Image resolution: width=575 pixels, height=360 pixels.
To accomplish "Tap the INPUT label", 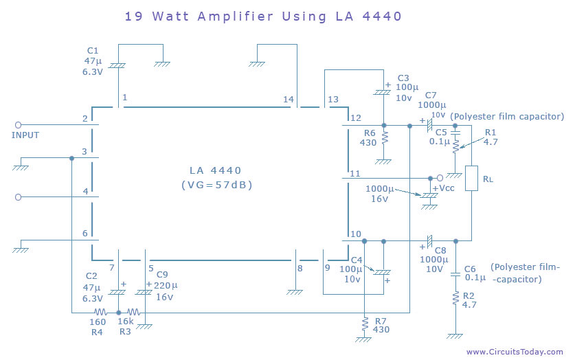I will click(x=25, y=135).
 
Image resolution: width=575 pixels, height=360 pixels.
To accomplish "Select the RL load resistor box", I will click(x=471, y=178).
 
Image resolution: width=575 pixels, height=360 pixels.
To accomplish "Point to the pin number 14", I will click(x=289, y=99).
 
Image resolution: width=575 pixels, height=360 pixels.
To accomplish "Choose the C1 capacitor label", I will click(x=93, y=50).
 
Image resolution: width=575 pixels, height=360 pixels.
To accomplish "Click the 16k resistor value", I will click(x=126, y=321).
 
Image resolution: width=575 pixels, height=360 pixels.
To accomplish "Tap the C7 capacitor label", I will click(x=431, y=95).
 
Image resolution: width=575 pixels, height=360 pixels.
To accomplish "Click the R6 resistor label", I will click(x=370, y=133).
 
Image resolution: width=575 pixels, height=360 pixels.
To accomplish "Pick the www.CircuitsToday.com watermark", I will click(x=515, y=352).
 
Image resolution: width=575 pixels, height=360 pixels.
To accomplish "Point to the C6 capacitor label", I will click(x=471, y=269).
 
